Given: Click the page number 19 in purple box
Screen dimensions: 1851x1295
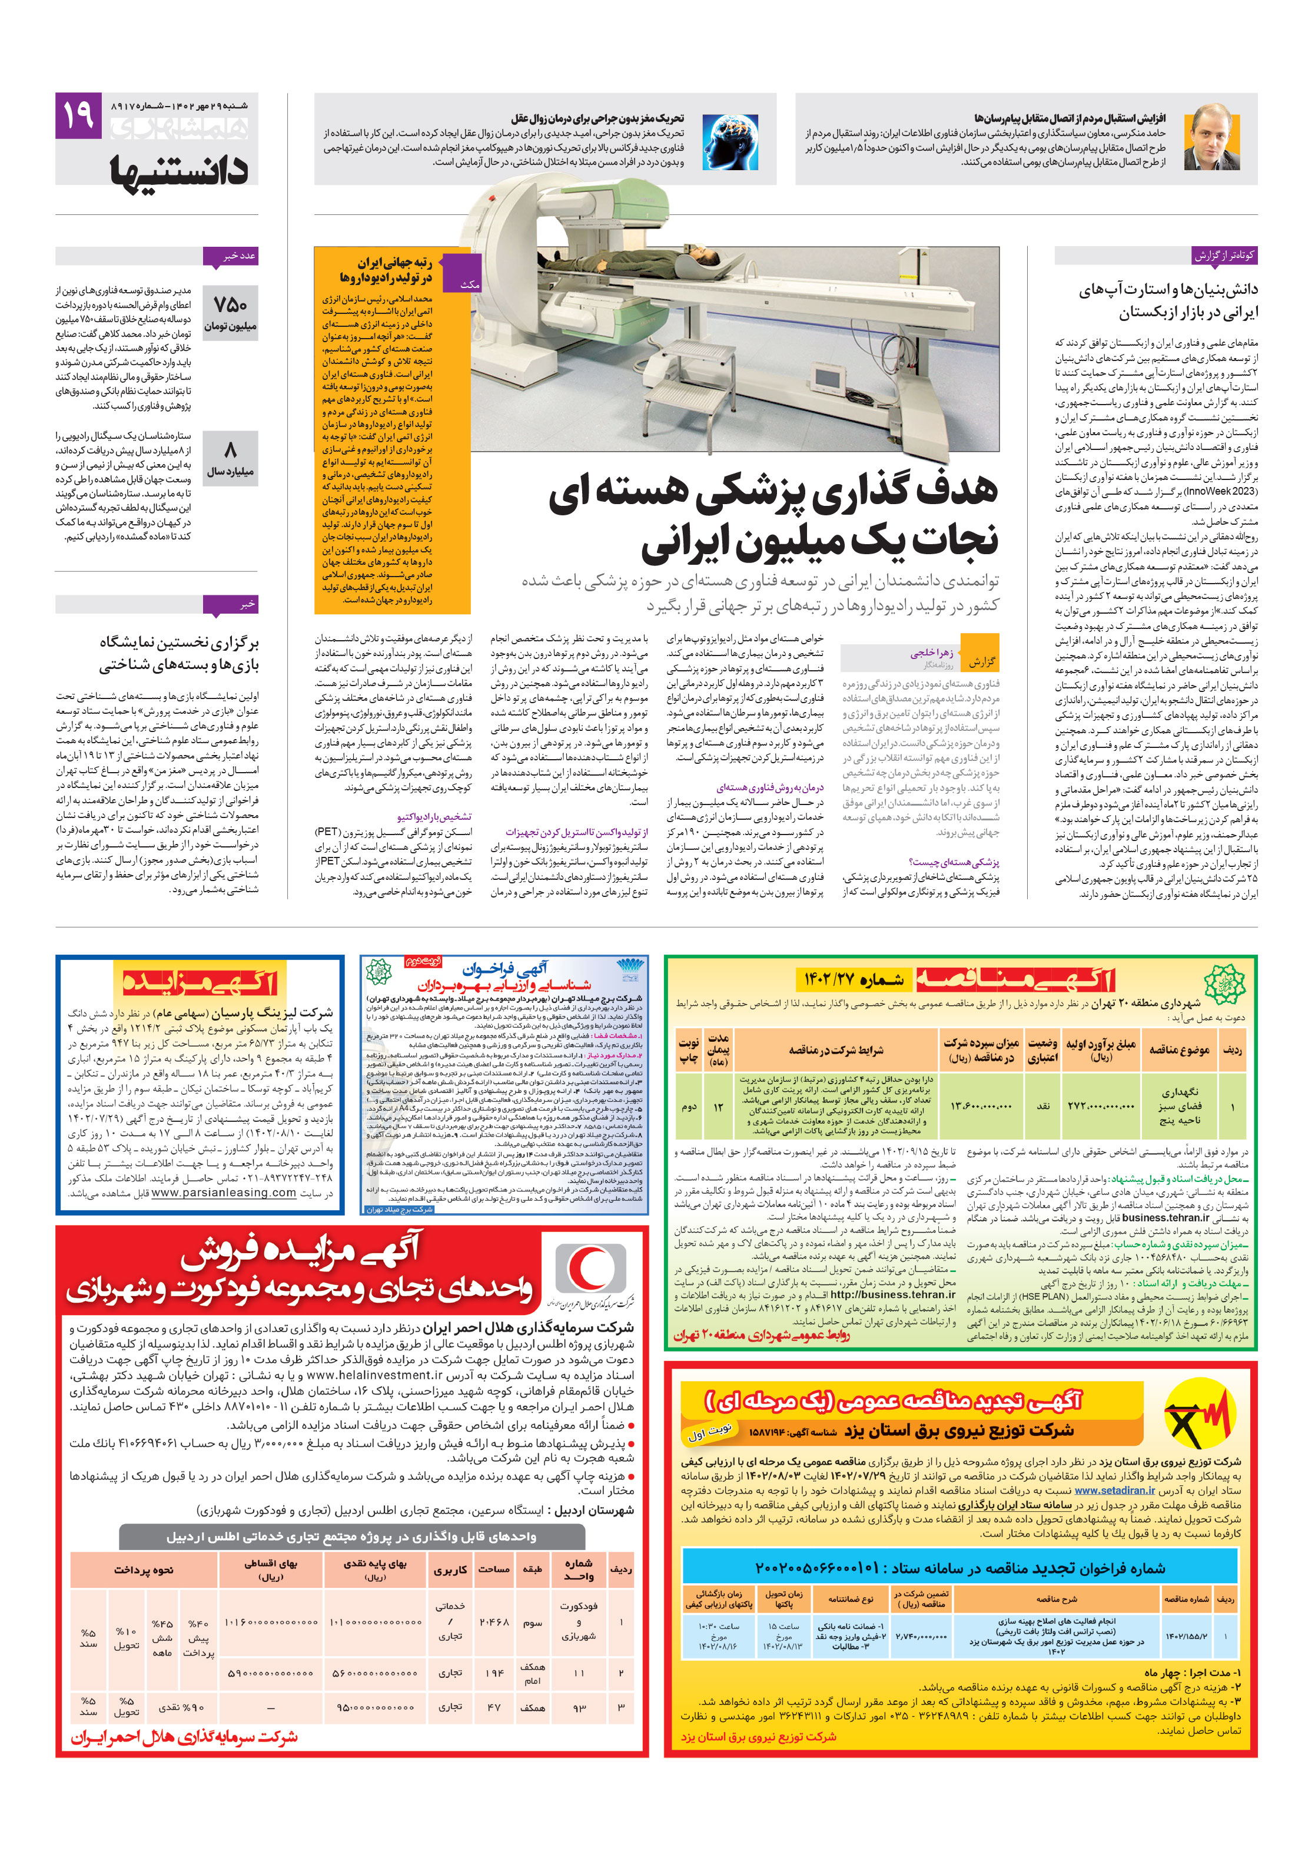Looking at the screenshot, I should (78, 115).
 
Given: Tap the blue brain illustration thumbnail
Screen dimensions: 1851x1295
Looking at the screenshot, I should (729, 141).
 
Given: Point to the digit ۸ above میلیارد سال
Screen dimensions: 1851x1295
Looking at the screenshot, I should (231, 449).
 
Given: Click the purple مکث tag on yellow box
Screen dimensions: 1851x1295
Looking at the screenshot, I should (470, 284).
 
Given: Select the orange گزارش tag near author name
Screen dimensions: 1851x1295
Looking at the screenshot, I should (981, 661).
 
